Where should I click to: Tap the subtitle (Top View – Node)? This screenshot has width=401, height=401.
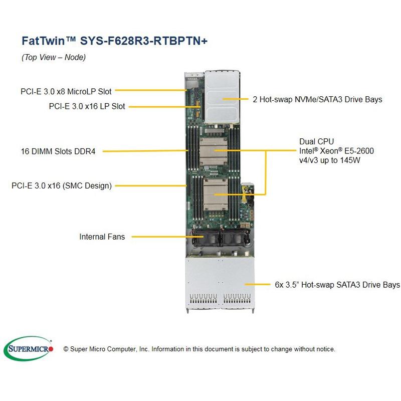click(54, 57)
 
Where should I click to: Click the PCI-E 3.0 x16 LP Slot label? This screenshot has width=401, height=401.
click(87, 106)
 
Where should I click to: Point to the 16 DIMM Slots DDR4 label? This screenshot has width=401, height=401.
click(59, 151)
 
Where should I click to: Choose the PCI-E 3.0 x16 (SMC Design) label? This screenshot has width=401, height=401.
click(62, 185)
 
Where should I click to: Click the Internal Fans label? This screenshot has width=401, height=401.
click(102, 236)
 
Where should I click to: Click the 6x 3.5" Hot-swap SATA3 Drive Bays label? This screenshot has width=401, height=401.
click(337, 285)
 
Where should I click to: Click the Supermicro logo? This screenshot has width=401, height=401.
click(31, 348)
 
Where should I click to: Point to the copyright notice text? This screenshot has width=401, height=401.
click(199, 349)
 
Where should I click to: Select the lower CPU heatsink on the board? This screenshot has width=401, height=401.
click(215, 193)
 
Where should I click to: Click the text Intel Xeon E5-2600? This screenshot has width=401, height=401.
click(336, 151)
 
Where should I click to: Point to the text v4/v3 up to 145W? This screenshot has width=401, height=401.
click(330, 160)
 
